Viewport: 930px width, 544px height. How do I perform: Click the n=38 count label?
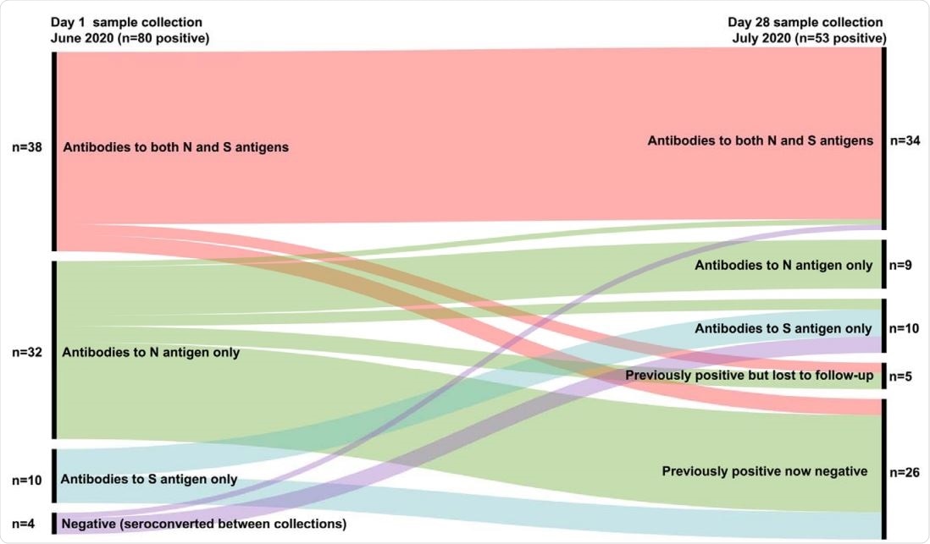point(25,146)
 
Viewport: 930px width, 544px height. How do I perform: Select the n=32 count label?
point(25,352)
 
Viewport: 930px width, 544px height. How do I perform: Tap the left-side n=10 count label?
point(25,480)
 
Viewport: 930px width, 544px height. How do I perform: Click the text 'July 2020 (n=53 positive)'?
point(809,37)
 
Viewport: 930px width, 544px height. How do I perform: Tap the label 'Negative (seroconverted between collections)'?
point(204,524)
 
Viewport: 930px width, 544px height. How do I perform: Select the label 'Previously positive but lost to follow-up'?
point(749,375)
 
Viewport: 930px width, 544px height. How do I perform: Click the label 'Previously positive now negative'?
point(764,471)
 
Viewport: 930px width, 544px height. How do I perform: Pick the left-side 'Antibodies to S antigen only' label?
point(149,480)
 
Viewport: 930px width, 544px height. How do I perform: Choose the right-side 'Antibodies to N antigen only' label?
point(783,265)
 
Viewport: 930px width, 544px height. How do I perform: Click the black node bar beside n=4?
point(55,524)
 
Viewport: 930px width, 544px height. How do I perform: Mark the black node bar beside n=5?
point(883,375)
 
